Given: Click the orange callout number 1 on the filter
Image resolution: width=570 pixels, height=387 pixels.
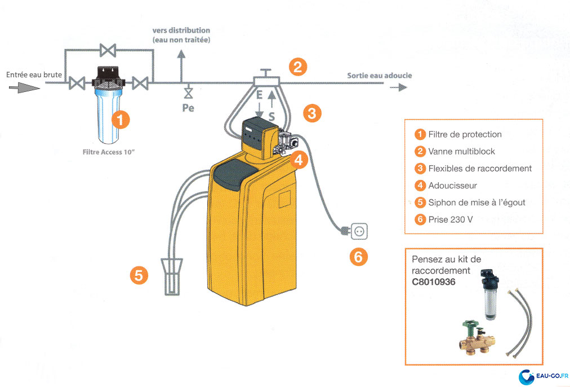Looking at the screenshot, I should click(x=120, y=119).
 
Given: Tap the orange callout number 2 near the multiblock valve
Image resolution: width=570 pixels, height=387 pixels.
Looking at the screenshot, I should click(x=298, y=68).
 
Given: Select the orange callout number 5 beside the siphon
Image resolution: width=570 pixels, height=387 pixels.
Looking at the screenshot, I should click(x=139, y=275).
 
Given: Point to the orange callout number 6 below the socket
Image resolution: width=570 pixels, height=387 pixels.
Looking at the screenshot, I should click(x=358, y=257).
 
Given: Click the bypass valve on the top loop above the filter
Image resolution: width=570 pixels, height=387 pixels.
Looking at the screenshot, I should click(x=108, y=50).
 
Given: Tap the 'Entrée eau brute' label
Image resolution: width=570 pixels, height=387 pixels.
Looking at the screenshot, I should click(x=34, y=74).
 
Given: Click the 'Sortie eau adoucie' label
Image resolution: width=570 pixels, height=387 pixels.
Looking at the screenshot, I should click(x=379, y=75).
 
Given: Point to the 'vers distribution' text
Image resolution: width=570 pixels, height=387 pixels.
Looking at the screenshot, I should click(x=181, y=30).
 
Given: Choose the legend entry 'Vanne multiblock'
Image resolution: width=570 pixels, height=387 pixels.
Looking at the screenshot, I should click(x=461, y=151).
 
